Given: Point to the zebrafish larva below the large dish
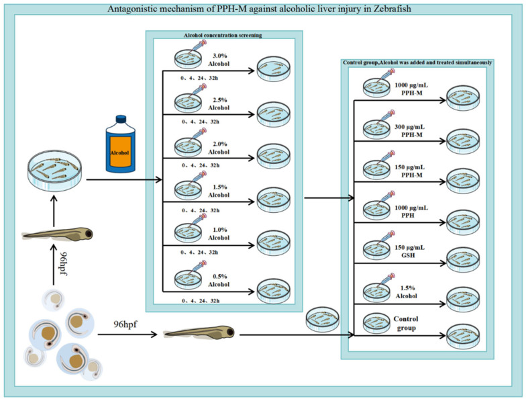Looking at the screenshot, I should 57,234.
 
